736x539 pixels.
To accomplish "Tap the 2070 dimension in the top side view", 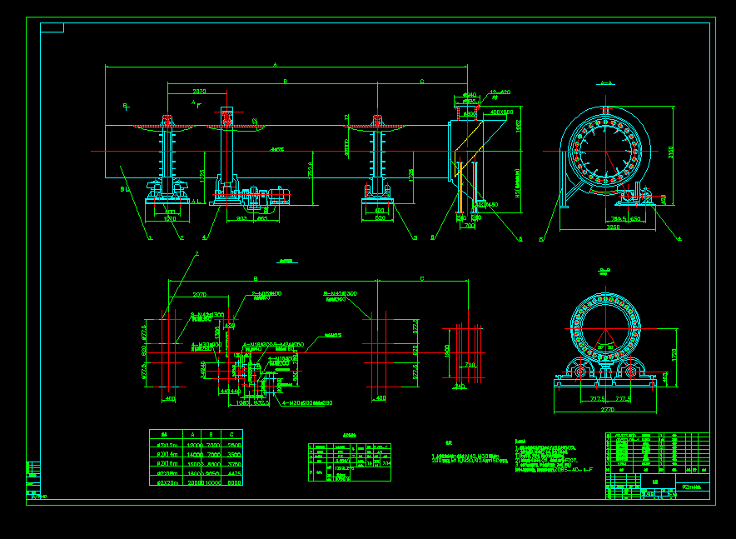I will (x=200, y=91).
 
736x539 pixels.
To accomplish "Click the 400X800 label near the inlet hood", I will (x=502, y=111).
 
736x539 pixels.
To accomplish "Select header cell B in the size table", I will (x=212, y=434).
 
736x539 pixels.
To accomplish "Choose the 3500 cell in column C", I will (x=234, y=455).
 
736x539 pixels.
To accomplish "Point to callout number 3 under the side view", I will (x=415, y=238).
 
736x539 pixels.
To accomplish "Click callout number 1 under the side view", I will (x=150, y=238).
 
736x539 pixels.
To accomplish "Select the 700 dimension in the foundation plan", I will (x=470, y=364).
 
